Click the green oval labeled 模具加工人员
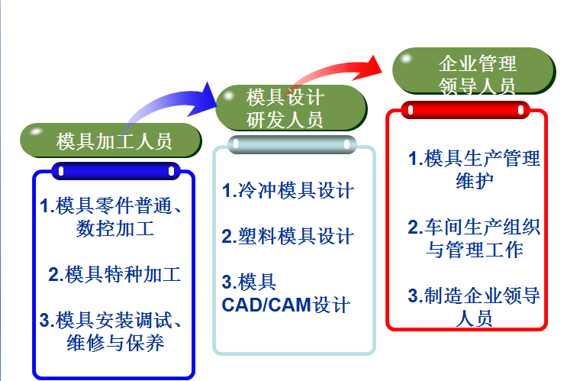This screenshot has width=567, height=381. [111, 141]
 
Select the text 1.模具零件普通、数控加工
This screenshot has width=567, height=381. [114, 217]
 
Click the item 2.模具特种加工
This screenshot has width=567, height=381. [114, 274]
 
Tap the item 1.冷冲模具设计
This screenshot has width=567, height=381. [288, 190]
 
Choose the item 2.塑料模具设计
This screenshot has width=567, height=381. [288, 236]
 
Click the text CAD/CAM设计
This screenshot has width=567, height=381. [286, 305]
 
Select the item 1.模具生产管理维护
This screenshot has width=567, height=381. [474, 170]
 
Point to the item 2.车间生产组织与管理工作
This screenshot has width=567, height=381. [474, 237]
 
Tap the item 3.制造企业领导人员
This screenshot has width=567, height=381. [474, 306]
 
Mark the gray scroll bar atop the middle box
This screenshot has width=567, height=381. [293, 144]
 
